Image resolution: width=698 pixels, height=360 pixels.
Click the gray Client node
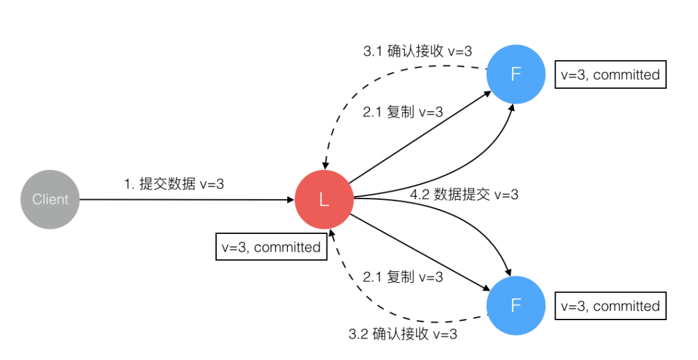click(x=50, y=199)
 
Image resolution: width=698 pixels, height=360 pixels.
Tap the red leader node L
click(x=324, y=201)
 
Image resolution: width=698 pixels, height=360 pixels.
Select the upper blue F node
click(x=516, y=74)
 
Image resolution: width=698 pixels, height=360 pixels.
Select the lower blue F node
click(x=516, y=306)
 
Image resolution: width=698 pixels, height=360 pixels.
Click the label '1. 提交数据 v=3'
click(x=174, y=184)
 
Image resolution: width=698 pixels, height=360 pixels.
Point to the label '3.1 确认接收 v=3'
click(x=417, y=51)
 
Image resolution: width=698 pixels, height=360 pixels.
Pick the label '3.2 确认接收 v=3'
click(x=403, y=335)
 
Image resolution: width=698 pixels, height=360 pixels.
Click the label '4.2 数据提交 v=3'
click(x=464, y=195)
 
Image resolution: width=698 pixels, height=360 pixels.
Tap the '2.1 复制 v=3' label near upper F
click(x=403, y=112)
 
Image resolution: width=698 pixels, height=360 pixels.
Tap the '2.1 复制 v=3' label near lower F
click(x=403, y=277)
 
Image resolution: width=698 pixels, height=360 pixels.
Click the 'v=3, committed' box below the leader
click(x=271, y=247)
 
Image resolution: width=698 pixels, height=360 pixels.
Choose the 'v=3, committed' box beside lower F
click(x=610, y=306)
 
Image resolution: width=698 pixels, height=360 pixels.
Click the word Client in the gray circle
click(x=50, y=199)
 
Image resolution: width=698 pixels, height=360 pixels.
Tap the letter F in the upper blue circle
click(x=516, y=74)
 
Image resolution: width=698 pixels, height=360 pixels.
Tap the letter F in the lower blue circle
click(x=516, y=306)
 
